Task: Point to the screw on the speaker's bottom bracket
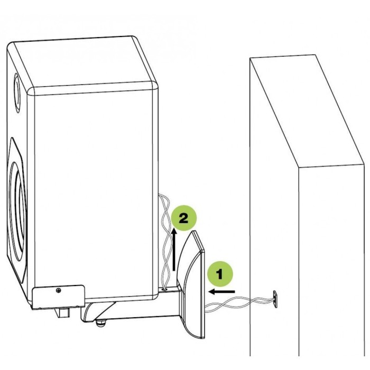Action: click(58, 290)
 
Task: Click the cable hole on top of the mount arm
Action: click(166, 288)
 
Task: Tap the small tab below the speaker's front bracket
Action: click(64, 313)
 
